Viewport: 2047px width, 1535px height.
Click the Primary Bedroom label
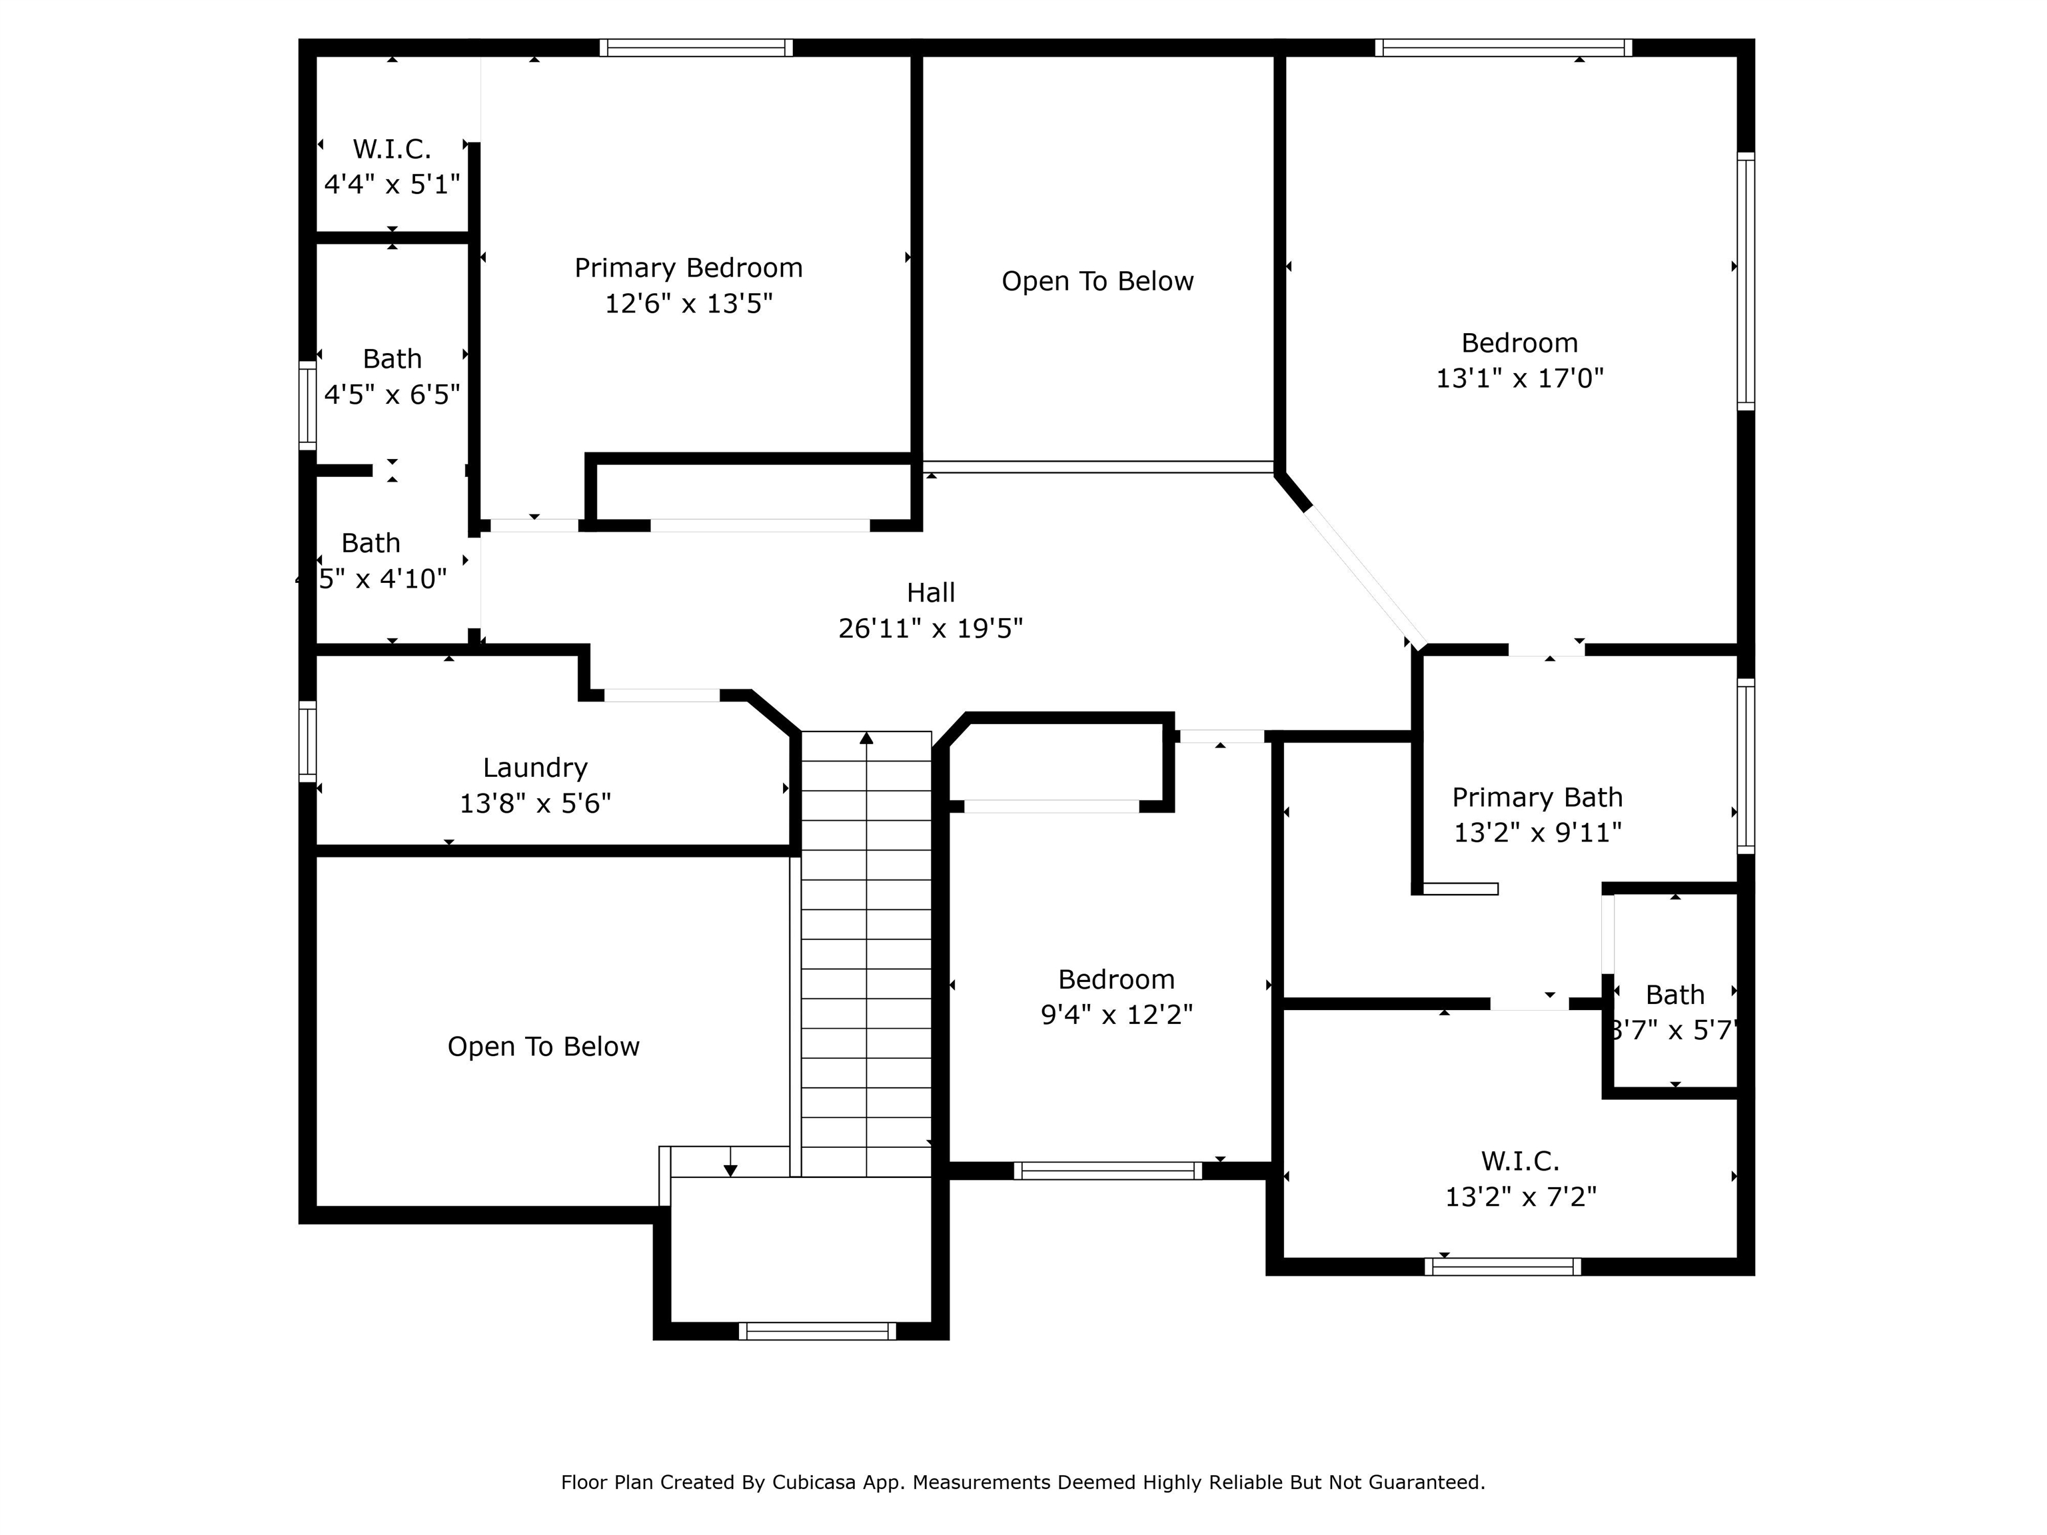[688, 268]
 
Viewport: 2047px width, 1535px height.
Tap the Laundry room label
[535, 768]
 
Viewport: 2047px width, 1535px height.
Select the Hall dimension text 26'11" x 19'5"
[930, 629]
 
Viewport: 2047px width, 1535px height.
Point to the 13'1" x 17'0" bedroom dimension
[1519, 378]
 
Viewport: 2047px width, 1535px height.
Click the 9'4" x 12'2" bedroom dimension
[1116, 1015]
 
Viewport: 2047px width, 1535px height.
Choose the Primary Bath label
[1537, 797]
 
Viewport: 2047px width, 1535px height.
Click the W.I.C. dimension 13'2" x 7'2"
[1521, 1197]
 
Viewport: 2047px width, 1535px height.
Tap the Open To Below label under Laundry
[543, 1047]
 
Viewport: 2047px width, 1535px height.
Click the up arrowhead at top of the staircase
[866, 738]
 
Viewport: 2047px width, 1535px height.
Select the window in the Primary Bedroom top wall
[696, 48]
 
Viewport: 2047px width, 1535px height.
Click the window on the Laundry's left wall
[307, 740]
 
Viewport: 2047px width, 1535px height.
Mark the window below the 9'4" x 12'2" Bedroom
[1107, 1171]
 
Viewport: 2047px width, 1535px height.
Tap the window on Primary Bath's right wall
[1745, 766]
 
